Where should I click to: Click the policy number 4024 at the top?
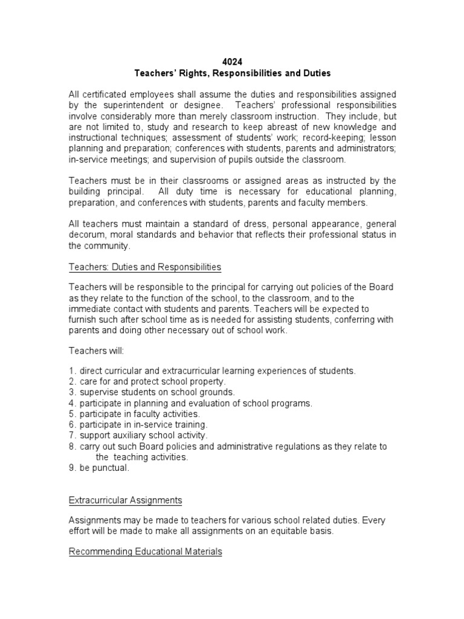tap(231, 62)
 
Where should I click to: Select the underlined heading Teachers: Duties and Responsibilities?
tap(144, 267)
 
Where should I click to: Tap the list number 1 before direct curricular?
tap(71, 370)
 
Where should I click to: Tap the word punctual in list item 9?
tap(111, 468)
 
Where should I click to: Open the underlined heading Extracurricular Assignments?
tap(125, 501)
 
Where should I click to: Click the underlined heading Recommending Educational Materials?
tap(145, 552)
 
